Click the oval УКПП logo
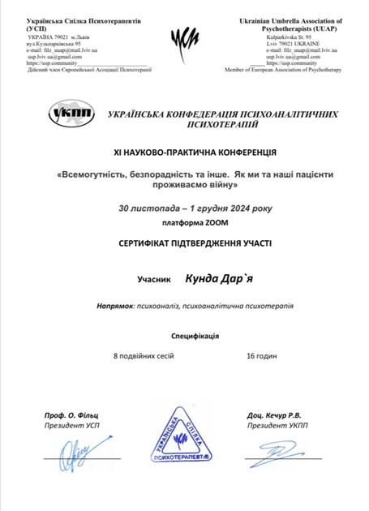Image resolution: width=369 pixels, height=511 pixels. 71,114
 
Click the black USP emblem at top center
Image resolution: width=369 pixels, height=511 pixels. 184,38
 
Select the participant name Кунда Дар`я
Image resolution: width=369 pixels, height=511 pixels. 220,278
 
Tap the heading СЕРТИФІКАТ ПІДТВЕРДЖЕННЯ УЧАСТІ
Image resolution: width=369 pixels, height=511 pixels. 184,243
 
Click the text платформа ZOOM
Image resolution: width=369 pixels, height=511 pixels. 184,223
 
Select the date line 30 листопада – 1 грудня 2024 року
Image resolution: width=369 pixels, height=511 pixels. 184,208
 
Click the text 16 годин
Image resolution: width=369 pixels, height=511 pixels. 261,355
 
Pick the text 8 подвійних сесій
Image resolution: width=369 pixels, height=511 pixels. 143,355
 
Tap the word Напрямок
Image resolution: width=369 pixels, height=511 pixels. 116,306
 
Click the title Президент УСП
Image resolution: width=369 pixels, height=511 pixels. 71,424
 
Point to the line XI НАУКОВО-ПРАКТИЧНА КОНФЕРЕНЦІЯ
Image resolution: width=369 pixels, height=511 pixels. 184,152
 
